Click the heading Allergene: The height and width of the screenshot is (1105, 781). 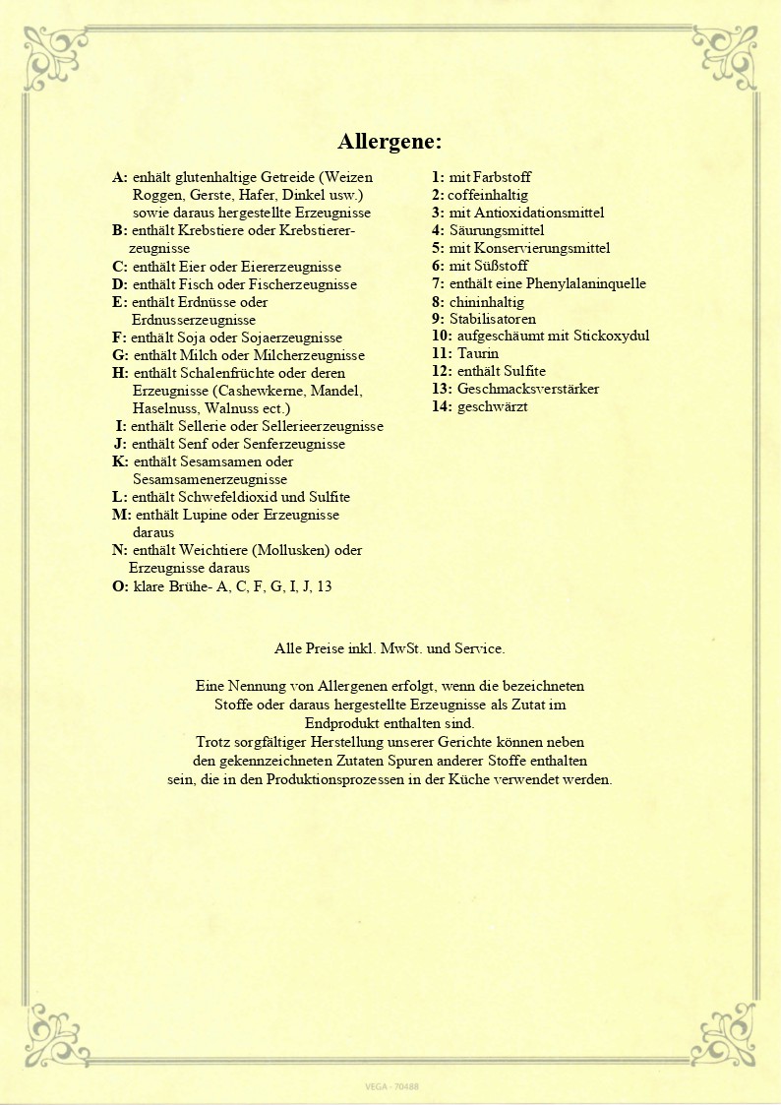pyautogui.click(x=390, y=141)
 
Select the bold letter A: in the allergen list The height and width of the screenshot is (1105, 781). pyautogui.click(x=120, y=177)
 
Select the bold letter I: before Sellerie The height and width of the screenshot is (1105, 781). pyautogui.click(x=121, y=426)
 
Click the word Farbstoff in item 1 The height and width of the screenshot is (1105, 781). pyautogui.click(x=502, y=177)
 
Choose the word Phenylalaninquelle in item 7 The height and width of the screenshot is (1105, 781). pyautogui.click(x=587, y=283)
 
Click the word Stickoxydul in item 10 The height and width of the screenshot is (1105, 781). pyautogui.click(x=612, y=336)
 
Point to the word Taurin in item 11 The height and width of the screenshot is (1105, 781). pyautogui.click(x=478, y=353)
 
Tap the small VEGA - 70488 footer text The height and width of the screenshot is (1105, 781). pyautogui.click(x=390, y=1086)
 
